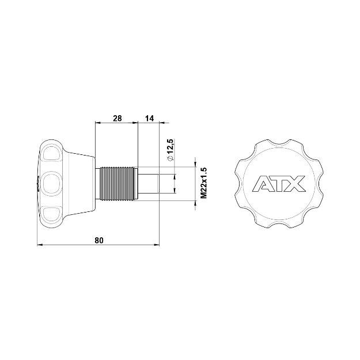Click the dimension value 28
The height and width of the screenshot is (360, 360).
(117, 118)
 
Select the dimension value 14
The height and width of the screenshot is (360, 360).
(149, 118)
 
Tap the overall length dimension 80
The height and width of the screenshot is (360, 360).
(99, 241)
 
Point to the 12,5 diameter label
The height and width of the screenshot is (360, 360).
(170, 146)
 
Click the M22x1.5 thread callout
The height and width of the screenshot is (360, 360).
(203, 183)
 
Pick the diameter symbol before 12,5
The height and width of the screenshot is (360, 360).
(170, 159)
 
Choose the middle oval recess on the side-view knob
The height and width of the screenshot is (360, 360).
(50, 184)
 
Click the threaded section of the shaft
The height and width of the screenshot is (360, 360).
(118, 184)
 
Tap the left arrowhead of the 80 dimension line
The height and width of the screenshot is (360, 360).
(39, 246)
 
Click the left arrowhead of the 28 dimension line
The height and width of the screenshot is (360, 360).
(97, 123)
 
